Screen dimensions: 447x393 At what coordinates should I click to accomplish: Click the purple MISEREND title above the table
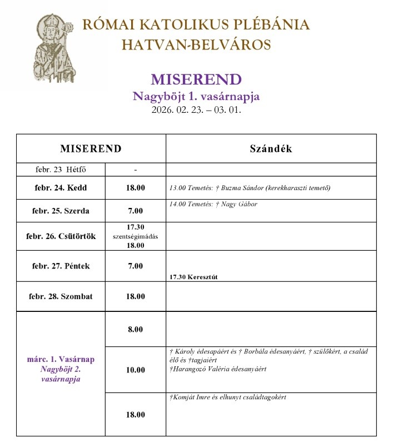[196, 80]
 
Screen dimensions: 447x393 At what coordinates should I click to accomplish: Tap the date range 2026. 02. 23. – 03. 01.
[196, 110]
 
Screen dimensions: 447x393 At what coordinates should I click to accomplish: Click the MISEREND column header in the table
[91, 149]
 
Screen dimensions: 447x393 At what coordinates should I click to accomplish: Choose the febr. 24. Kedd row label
[61, 188]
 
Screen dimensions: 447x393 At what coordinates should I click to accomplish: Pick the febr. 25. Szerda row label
[61, 211]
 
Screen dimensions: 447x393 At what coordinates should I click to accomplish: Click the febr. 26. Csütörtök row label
[61, 236]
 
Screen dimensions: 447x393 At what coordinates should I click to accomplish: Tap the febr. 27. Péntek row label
[61, 266]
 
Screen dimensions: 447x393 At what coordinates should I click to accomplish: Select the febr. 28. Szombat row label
[61, 296]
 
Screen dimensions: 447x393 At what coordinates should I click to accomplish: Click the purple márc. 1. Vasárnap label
[61, 359]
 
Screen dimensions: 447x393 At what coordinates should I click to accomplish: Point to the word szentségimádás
[135, 236]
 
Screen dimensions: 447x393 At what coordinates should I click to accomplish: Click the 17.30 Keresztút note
[193, 277]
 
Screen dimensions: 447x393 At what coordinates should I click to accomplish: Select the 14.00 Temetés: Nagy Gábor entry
[213, 204]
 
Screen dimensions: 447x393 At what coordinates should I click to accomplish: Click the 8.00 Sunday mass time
[135, 330]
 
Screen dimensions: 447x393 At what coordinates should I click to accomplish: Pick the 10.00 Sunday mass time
[135, 370]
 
